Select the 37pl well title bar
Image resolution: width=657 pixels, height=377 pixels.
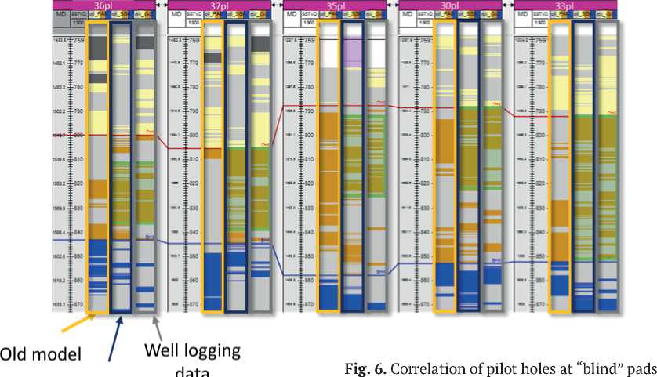(219, 5)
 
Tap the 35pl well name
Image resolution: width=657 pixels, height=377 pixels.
(335, 5)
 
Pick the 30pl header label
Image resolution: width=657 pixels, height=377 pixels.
(450, 5)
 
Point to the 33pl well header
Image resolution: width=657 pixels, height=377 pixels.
(564, 5)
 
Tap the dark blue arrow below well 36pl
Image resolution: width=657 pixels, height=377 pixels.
(114, 337)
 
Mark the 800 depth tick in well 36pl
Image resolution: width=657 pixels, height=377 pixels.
(78, 136)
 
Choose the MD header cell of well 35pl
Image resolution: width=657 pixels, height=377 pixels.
(291, 15)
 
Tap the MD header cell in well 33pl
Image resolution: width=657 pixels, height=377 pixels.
(521, 15)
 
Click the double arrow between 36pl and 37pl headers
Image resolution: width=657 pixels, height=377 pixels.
(161, 5)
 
